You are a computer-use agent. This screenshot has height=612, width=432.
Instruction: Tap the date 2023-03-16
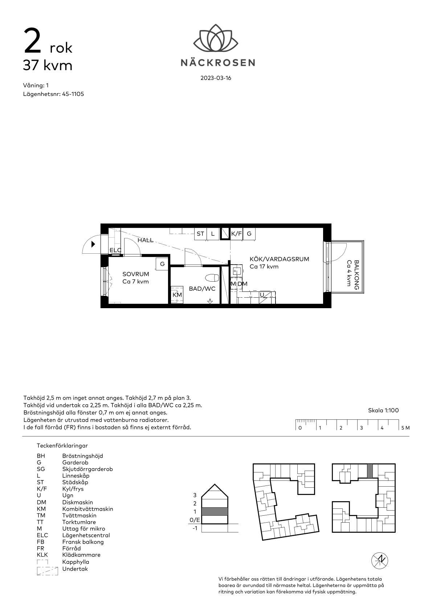coord(216,78)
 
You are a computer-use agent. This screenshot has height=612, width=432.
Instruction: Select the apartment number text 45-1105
coord(73,94)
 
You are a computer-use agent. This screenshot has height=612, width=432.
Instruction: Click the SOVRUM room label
coord(136,274)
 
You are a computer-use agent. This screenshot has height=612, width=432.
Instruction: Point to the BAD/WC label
coord(202,289)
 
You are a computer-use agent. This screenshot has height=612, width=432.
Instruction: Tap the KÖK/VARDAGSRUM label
coord(280,259)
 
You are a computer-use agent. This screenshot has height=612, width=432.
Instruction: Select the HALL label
coord(146,240)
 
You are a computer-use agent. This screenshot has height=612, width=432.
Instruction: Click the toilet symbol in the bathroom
coord(213,278)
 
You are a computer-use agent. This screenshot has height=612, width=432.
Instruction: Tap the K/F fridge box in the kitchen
coord(237,234)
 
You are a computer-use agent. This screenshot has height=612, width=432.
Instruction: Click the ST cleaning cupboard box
coord(201,234)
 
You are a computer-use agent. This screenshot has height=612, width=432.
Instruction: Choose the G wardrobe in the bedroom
coord(162,264)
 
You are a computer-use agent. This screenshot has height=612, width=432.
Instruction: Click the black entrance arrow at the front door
coord(93,244)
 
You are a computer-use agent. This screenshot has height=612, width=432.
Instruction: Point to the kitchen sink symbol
coord(236,271)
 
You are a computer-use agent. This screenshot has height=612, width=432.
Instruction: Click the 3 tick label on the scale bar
coord(361,428)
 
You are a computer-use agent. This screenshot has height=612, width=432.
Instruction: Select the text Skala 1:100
coord(383,410)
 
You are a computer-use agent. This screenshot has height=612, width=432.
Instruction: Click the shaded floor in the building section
coord(215,511)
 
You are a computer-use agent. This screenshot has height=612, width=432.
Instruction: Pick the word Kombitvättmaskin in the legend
coord(87,509)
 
